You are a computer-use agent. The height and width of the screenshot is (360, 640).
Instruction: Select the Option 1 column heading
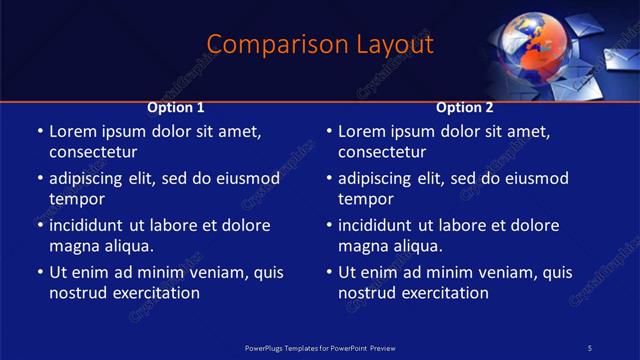click(176, 107)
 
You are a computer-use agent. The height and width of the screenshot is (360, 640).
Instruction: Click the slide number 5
click(590, 347)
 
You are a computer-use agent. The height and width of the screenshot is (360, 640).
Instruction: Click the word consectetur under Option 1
click(93, 152)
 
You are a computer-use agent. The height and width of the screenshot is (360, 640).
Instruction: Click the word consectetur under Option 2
click(382, 152)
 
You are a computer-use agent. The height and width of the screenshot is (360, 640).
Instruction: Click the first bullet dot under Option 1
click(39, 132)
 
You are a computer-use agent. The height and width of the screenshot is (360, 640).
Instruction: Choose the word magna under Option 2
click(363, 246)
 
